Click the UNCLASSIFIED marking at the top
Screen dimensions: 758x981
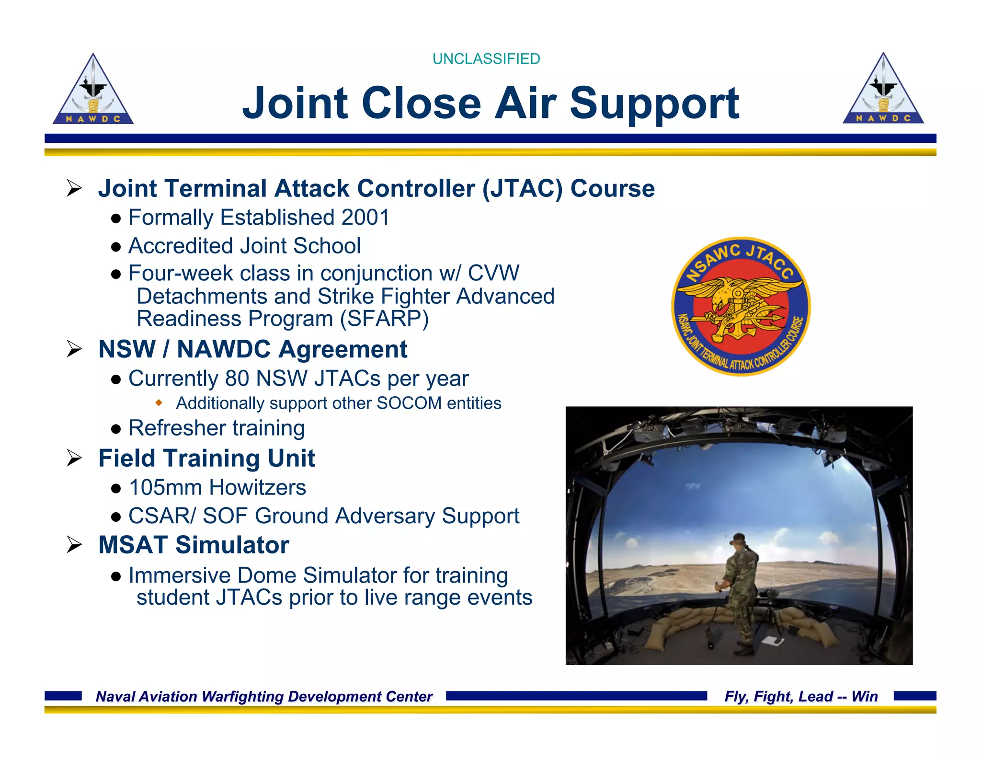tap(486, 58)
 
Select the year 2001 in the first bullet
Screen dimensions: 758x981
tap(365, 218)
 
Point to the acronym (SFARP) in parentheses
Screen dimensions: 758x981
tap(385, 319)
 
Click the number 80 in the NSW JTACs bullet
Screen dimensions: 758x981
tap(237, 379)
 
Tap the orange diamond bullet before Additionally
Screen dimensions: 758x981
tap(159, 402)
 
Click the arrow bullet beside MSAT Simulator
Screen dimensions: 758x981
tap(75, 545)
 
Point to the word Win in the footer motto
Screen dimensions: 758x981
tap(865, 696)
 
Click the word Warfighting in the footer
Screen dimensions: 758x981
tap(243, 696)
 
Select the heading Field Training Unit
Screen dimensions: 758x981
tap(206, 458)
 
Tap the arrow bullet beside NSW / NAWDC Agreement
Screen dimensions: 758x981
tap(75, 349)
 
